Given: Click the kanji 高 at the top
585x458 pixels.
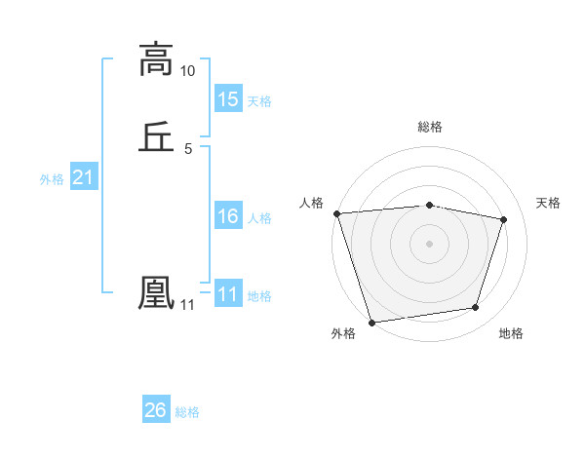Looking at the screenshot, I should pyautogui.click(x=156, y=59).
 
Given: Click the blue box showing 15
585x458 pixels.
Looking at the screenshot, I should pyautogui.click(x=228, y=99).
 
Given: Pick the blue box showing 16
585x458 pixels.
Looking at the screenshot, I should pyautogui.click(x=228, y=216).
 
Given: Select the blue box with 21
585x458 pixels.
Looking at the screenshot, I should pyautogui.click(x=84, y=177).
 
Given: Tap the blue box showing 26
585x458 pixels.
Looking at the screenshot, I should pyautogui.click(x=156, y=410).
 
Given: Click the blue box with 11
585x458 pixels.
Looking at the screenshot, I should pyautogui.click(x=228, y=294).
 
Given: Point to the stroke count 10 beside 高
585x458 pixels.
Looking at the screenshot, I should pyautogui.click(x=188, y=71).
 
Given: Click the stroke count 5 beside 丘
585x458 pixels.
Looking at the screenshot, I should pyautogui.click(x=188, y=149).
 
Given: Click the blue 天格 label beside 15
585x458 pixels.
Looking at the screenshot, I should pyautogui.click(x=259, y=101).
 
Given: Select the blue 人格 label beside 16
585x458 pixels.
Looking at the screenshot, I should pyautogui.click(x=259, y=218).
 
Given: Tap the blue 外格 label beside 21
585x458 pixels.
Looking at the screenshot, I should pyautogui.click(x=52, y=179).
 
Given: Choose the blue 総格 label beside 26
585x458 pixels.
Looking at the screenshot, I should pyautogui.click(x=187, y=412).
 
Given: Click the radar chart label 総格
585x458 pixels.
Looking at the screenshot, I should pyautogui.click(x=430, y=127).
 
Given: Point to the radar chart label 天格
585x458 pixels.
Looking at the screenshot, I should pyautogui.click(x=549, y=203).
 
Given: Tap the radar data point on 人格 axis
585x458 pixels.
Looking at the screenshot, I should pyautogui.click(x=336, y=213).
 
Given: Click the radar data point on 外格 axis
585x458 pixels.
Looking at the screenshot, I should pyautogui.click(x=371, y=322).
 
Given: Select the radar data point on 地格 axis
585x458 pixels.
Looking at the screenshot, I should pyautogui.click(x=476, y=308).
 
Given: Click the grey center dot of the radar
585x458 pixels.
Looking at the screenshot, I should pyautogui.click(x=430, y=243).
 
